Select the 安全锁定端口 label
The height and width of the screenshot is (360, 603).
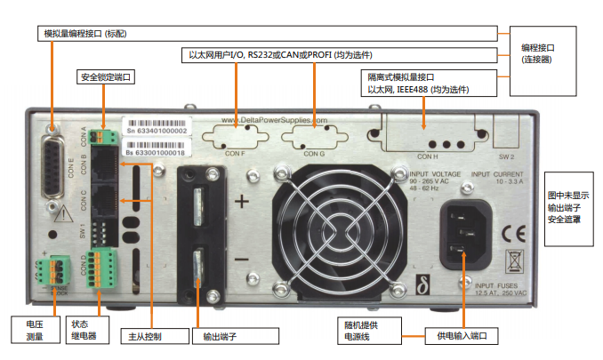tap(106, 77)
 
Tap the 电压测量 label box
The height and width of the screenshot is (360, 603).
tap(28, 331)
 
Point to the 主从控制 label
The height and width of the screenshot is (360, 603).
tap(143, 337)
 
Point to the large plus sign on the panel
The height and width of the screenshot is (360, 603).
tap(240, 202)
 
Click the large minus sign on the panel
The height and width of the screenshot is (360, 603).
tap(240, 260)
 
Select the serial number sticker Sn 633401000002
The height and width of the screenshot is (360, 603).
tap(155, 130)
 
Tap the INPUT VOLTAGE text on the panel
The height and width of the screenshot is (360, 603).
tap(434, 174)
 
